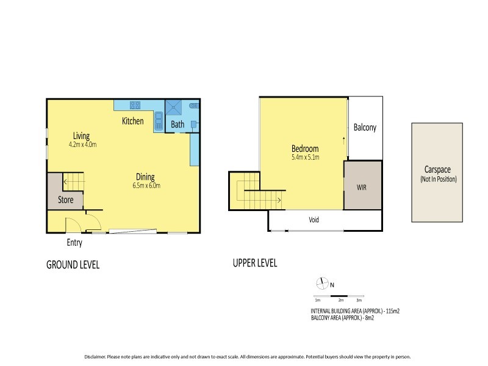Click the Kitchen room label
click(x=133, y=121)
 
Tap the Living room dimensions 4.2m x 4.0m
click(x=83, y=145)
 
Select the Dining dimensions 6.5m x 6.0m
click(x=146, y=185)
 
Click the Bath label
click(x=178, y=124)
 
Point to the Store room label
click(x=66, y=199)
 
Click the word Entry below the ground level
click(x=74, y=243)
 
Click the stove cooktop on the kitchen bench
click(x=135, y=105)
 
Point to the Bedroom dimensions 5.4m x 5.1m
click(x=305, y=157)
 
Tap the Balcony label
click(x=365, y=128)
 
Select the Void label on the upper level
click(x=314, y=220)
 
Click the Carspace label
click(x=438, y=170)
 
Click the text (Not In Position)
click(x=438, y=179)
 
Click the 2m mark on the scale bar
click(x=340, y=300)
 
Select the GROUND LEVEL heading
click(x=73, y=265)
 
